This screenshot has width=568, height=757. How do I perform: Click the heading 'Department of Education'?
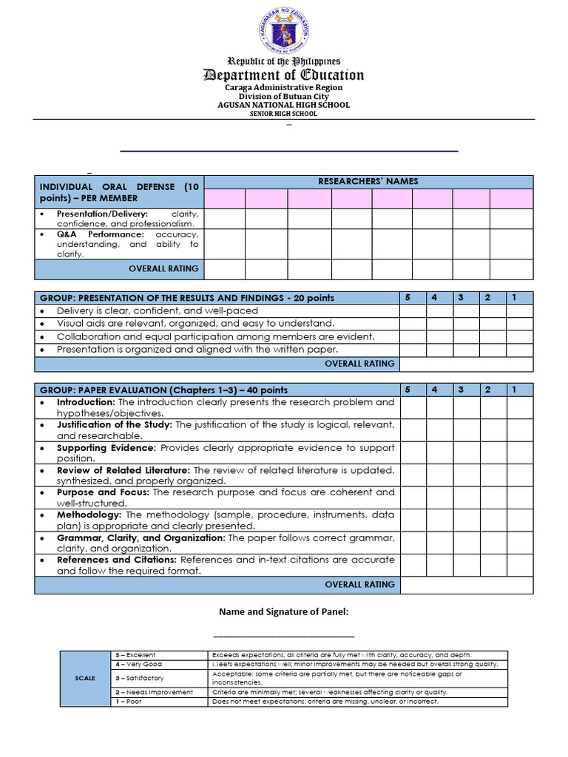(284, 75)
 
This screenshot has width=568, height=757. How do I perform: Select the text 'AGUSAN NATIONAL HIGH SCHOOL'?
(284, 105)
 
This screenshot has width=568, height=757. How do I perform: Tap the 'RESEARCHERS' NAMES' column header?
(368, 181)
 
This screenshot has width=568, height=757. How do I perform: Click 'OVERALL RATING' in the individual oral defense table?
(163, 268)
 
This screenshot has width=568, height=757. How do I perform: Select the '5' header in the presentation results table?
(407, 297)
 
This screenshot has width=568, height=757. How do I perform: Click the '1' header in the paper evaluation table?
(513, 390)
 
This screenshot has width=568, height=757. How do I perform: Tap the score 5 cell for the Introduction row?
(412, 407)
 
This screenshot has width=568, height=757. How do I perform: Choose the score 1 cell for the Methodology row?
(519, 520)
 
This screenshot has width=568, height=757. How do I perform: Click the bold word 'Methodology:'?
(89, 515)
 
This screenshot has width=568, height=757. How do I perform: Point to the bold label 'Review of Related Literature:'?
(124, 470)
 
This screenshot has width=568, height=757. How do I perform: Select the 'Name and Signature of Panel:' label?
(283, 611)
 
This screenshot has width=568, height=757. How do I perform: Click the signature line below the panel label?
(283, 636)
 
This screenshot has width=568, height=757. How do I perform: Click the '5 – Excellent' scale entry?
(136, 655)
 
